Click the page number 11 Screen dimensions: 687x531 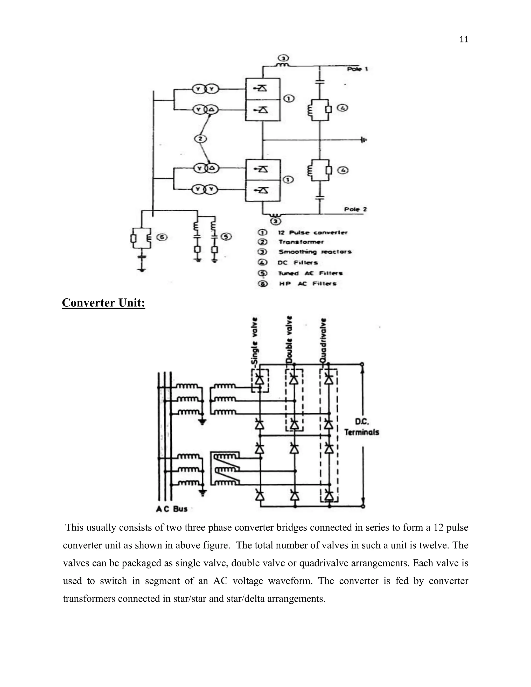464,40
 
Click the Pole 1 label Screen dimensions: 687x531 357,69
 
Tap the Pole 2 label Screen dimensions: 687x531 355,209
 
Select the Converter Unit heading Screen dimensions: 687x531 103,303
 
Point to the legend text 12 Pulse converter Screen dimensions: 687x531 313,233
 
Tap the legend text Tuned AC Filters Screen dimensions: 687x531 310,273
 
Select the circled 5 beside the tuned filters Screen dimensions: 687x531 226,236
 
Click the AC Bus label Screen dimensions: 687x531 172,509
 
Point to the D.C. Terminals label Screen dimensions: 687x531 361,427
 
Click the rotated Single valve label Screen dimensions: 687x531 255,343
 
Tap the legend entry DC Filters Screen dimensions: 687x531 298,263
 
